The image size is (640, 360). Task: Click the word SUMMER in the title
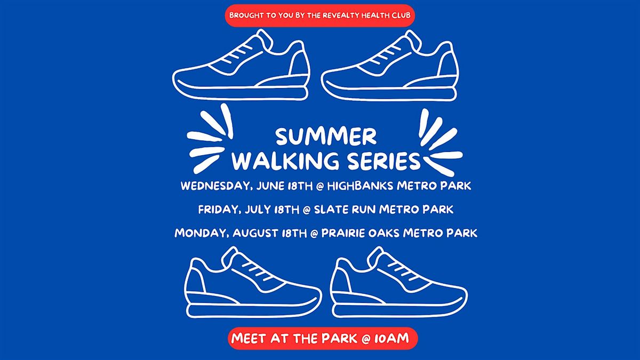326,137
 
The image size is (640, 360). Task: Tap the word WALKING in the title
285,161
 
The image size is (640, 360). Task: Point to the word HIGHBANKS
361,186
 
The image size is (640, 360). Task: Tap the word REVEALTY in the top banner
341,15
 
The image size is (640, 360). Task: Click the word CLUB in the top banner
401,15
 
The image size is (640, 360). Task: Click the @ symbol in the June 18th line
320,187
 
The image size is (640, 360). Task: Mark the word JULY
258,210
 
